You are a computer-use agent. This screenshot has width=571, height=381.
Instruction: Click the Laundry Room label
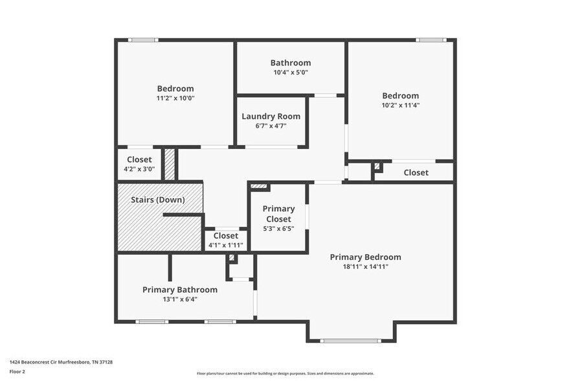pos(271,117)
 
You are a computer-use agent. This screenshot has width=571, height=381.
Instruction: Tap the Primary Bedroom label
pos(365,257)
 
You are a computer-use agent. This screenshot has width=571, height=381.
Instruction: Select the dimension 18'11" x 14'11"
pos(365,266)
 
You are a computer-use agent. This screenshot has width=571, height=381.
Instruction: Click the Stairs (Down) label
pos(157,200)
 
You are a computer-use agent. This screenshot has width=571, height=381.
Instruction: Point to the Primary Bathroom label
pos(179,290)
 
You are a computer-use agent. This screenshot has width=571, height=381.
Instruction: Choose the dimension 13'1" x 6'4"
pos(179,299)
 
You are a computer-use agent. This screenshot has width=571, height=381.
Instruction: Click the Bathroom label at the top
pos(290,63)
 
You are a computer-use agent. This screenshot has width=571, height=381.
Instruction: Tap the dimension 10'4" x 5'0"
pos(290,73)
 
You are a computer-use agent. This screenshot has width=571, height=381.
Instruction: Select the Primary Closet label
pos(278,214)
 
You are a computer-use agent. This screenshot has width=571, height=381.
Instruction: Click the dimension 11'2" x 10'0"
pos(175,98)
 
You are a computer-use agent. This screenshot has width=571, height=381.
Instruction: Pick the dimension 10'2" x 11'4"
pos(400,105)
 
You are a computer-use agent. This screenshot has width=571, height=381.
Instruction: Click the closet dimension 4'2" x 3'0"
pos(139,169)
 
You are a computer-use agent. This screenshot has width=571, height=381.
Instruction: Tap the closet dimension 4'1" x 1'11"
pos(225,245)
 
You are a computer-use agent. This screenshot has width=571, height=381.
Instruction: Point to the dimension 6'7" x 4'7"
pos(271,126)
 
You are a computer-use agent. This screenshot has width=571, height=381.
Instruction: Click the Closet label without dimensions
pos(416,173)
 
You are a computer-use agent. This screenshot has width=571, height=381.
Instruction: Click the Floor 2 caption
pos(17,372)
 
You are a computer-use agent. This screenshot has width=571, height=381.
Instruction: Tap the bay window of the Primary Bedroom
pos(350,340)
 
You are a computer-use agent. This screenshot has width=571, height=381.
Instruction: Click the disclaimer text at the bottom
pos(285,373)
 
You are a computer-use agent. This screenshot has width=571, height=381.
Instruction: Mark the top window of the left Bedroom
pos(142,40)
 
